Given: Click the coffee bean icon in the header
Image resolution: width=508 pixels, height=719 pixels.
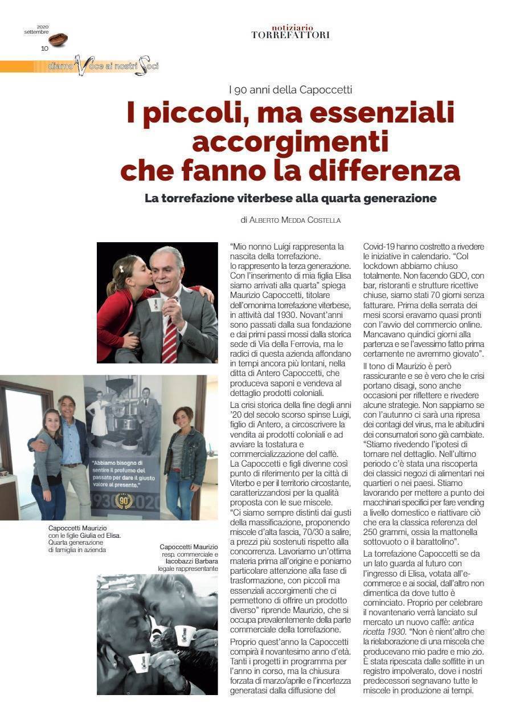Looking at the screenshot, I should click(58, 39).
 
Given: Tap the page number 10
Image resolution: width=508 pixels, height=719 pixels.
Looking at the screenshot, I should click(44, 48).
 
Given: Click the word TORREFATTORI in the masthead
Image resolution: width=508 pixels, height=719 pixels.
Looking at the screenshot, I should click(290, 35).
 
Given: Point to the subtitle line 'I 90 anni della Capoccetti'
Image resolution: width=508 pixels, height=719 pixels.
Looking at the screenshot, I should click(290, 89).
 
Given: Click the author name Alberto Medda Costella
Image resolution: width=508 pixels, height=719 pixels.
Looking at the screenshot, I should click(295, 220).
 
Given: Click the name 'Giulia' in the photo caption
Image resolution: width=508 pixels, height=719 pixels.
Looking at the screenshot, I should click(90, 536).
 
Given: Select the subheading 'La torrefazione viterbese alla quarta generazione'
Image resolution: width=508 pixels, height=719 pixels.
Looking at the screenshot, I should click(290, 199).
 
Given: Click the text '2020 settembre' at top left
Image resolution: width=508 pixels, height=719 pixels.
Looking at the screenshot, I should click(36, 30).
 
